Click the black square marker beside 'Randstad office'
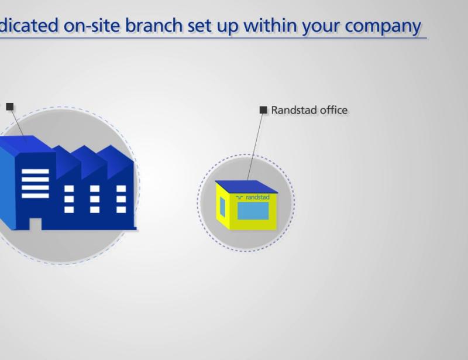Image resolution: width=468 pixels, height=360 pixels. (x=263, y=109)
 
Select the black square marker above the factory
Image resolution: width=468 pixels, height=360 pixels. (x=10, y=107)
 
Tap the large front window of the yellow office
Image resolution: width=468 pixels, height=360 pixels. (x=253, y=210)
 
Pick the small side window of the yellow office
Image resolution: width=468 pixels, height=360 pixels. (x=223, y=207)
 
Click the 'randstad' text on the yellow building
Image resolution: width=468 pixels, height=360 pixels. (x=257, y=198)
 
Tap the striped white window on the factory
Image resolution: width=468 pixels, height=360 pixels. (x=35, y=183)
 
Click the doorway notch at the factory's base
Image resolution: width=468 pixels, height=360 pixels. (x=35, y=224)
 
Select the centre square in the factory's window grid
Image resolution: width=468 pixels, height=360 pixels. (x=95, y=199)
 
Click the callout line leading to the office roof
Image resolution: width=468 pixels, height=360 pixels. (x=256, y=146)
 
